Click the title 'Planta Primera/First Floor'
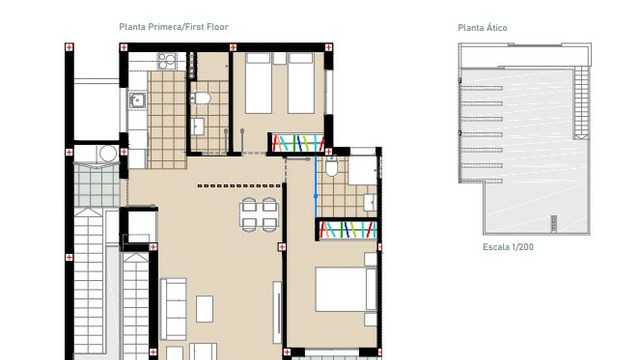[173, 27]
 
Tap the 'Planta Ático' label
[482, 28]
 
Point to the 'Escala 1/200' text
[508, 247]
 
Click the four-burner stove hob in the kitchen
[167, 61]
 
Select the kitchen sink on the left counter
[138, 100]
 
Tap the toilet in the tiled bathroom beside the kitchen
[200, 98]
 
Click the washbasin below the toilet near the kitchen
[198, 127]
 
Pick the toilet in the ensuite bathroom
[331, 167]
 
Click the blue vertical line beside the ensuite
[316, 186]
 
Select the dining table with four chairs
[259, 214]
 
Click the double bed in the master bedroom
[346, 289]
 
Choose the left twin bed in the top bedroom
[258, 83]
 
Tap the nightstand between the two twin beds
[280, 58]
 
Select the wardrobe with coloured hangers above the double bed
[348, 230]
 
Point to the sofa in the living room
[173, 309]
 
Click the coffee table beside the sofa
[204, 309]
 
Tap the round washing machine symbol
[109, 154]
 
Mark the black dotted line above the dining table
[239, 186]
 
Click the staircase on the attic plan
[582, 102]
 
